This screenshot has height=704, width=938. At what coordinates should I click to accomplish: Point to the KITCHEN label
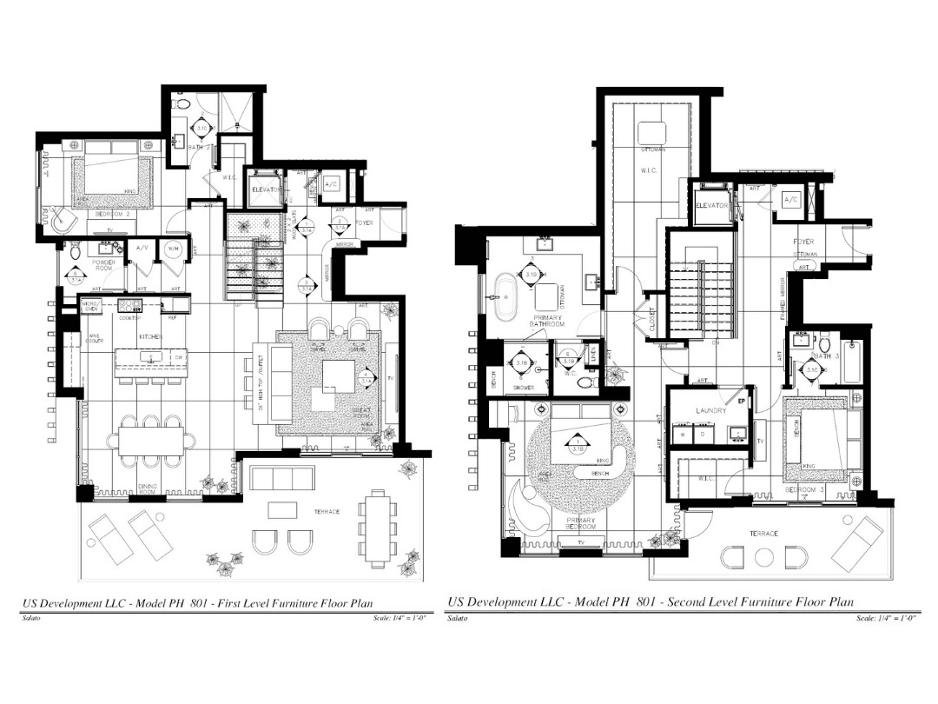click(149, 336)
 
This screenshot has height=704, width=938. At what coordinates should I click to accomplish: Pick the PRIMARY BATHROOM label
click(549, 321)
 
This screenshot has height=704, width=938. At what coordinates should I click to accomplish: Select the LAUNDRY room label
click(710, 410)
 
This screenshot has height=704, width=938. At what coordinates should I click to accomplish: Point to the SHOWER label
click(523, 388)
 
